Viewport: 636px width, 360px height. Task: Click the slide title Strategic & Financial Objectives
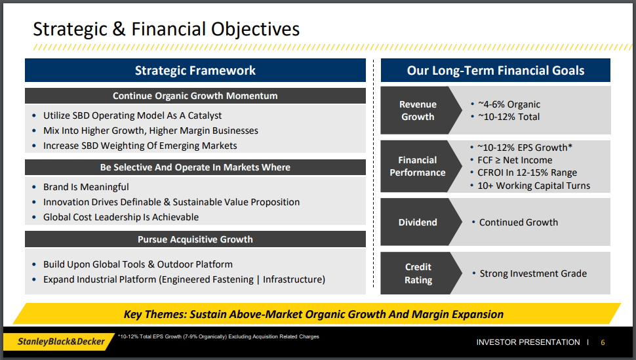pyautogui.click(x=167, y=30)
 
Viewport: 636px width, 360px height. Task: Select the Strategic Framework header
pyautogui.click(x=195, y=70)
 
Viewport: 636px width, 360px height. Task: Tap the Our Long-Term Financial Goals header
pyautogui.click(x=495, y=70)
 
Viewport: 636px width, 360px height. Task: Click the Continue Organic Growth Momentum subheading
pyautogui.click(x=195, y=96)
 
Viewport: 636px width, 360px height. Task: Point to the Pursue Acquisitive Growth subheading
pyautogui.click(x=195, y=239)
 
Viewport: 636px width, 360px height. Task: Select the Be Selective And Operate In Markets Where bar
pyautogui.click(x=195, y=167)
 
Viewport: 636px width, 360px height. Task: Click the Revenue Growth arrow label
pyautogui.click(x=418, y=110)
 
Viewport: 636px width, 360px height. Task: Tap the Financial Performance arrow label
pyautogui.click(x=418, y=167)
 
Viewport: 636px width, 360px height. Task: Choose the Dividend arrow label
pyautogui.click(x=418, y=222)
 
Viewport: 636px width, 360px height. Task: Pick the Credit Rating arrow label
pyautogui.click(x=418, y=273)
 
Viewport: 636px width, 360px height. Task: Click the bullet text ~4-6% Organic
pyautogui.click(x=509, y=104)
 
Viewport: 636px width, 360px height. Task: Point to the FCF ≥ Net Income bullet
pyautogui.click(x=515, y=160)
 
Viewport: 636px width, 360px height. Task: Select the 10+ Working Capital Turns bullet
pyautogui.click(x=534, y=186)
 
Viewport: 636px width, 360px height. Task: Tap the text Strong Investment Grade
pyautogui.click(x=533, y=273)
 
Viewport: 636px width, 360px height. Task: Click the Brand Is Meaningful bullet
pyautogui.click(x=86, y=187)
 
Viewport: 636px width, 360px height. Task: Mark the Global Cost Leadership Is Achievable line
pyautogui.click(x=121, y=217)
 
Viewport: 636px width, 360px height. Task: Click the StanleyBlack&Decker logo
pyautogui.click(x=61, y=342)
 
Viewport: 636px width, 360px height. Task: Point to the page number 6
pyautogui.click(x=603, y=342)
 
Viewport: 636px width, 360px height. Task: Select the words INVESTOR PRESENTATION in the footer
pyautogui.click(x=528, y=342)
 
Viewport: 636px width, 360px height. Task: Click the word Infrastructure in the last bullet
pyautogui.click(x=292, y=279)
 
